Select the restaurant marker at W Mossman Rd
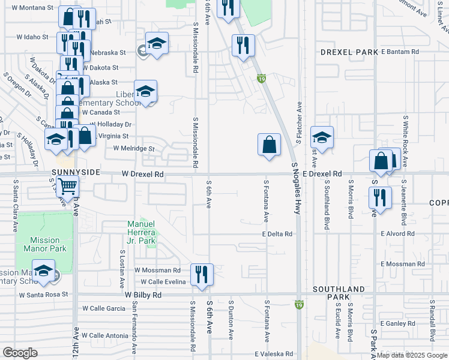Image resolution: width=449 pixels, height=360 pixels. point(202,274)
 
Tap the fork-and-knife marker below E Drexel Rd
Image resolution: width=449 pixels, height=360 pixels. point(380,197)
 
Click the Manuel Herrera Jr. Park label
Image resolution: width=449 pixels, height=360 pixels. point(142,232)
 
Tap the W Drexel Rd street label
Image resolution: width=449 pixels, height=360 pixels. point(142,175)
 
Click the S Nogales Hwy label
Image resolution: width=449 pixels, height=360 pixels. point(295,188)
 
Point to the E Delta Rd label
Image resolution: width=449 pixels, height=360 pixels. point(277,234)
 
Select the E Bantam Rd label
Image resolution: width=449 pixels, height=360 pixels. point(400,52)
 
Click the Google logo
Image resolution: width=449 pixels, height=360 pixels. point(20,353)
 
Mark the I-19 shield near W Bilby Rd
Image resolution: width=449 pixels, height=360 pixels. point(299,305)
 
